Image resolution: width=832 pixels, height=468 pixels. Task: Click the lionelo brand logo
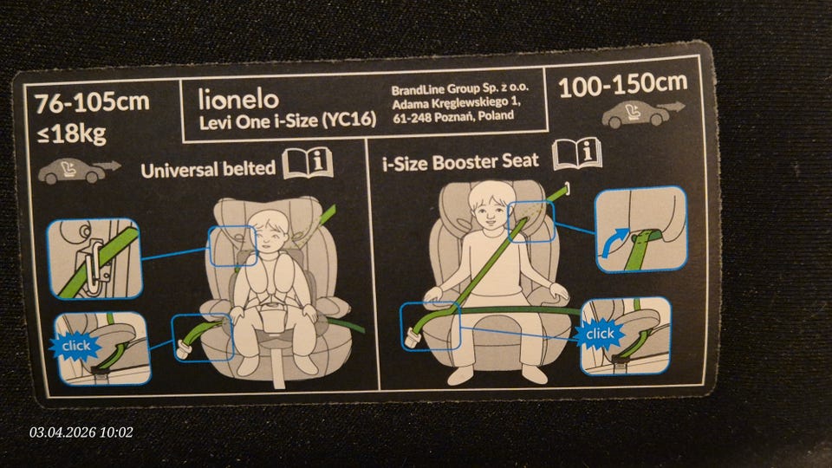click(238, 99)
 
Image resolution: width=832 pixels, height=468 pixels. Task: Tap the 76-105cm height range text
click(92, 102)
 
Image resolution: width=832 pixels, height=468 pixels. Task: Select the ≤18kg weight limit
click(72, 133)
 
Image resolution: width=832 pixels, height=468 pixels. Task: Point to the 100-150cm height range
click(623, 85)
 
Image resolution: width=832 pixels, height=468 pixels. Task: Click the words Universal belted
click(208, 169)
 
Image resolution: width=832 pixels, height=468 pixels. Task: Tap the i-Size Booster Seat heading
click(460, 162)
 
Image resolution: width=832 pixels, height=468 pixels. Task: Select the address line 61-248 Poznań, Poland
click(453, 116)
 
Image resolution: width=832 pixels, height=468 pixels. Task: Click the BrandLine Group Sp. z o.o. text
click(460, 88)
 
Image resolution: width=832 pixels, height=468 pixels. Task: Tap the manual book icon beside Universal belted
click(308, 163)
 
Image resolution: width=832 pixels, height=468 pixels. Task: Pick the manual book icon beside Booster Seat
click(577, 154)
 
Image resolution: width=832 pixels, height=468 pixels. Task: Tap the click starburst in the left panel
click(76, 346)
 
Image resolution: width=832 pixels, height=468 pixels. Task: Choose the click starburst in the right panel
click(600, 334)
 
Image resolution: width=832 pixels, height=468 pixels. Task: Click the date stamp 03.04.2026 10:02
click(81, 432)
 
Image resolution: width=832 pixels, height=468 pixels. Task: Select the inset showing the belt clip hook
click(95, 259)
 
